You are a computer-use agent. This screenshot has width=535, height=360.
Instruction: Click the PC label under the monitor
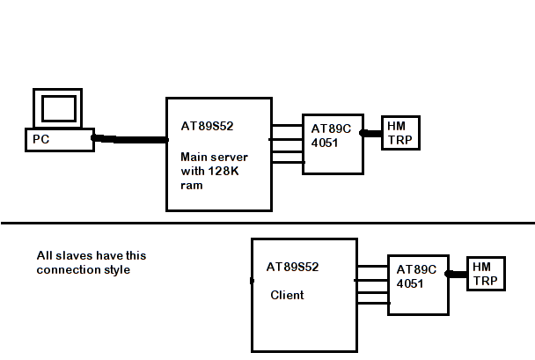[40, 139]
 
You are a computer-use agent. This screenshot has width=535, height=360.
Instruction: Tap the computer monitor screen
[59, 108]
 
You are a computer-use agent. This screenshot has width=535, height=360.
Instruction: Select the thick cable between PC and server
[132, 139]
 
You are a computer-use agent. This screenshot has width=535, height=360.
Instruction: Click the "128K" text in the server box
[224, 172]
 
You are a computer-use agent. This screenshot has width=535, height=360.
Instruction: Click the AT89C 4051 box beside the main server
[333, 143]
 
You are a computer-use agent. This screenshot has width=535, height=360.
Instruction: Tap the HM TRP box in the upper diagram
[399, 133]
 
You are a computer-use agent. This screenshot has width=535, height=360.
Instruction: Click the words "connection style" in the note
[84, 269]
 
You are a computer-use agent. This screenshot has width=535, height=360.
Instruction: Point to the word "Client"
[287, 295]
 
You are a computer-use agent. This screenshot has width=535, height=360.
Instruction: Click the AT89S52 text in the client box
[292, 267]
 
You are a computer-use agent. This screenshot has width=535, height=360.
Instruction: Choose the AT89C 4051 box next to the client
[418, 286]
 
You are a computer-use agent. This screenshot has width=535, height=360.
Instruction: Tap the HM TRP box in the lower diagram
[485, 274]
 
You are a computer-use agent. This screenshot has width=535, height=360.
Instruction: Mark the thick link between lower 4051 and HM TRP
[458, 274]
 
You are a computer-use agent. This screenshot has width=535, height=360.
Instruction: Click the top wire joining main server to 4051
[287, 126]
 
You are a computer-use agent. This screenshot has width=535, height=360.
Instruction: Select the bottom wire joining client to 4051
[372, 303]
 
